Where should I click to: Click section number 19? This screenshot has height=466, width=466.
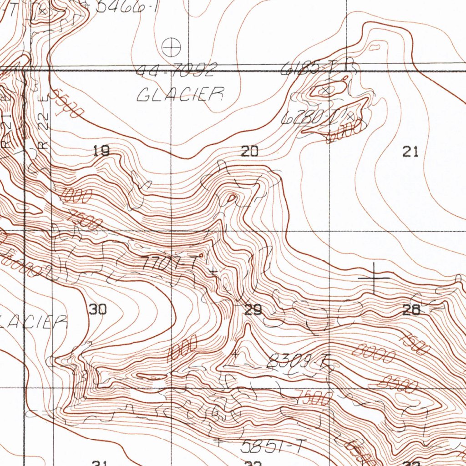tap(101, 151)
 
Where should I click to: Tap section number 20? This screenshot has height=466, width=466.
tap(249, 151)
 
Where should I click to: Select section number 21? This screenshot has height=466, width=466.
tap(410, 152)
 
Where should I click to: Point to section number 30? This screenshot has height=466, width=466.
tap(98, 309)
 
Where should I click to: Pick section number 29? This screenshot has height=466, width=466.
tap(253, 310)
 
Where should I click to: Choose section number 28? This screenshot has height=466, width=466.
tap(411, 310)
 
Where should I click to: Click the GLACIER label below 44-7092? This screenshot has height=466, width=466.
tap(181, 95)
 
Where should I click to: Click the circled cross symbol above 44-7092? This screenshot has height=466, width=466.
tap(172, 46)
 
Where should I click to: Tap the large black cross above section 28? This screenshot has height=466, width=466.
tap(374, 277)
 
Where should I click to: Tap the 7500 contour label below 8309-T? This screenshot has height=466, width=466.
tap(314, 398)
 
